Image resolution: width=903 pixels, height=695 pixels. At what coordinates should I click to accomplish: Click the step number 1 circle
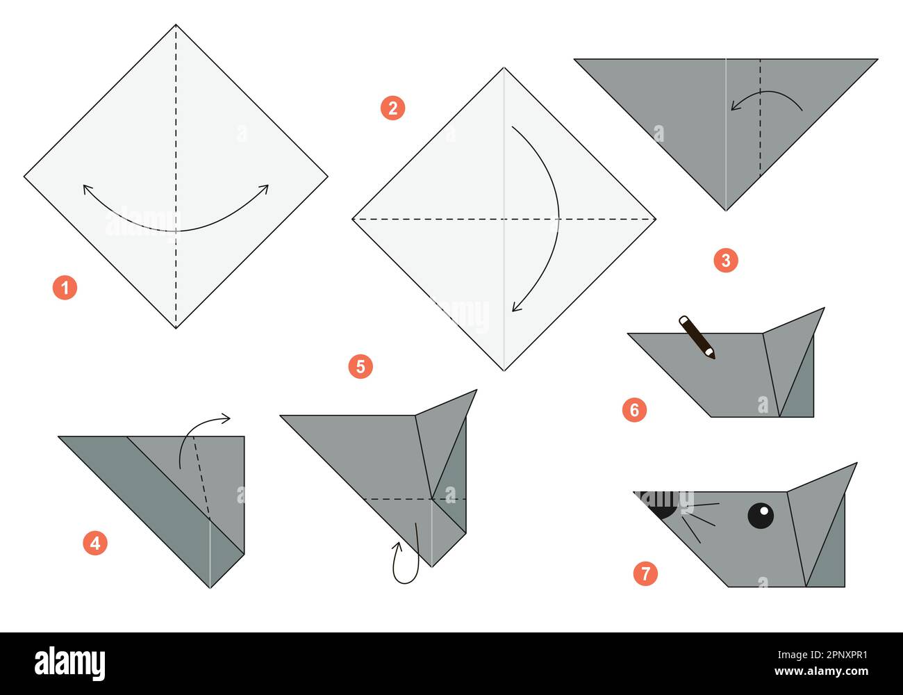tap(65, 287)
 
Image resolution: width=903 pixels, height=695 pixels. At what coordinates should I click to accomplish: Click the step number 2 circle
tap(392, 108)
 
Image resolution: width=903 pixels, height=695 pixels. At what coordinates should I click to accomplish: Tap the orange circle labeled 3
tap(726, 261)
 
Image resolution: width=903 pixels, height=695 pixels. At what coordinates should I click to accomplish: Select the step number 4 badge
tap(95, 542)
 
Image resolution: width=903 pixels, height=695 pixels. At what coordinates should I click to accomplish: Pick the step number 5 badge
tap(361, 366)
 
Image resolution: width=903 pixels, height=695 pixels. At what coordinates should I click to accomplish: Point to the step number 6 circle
tap(634, 410)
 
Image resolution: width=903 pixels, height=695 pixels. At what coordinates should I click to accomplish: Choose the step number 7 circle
tap(645, 573)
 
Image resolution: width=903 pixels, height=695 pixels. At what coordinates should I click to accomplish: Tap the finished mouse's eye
tap(761, 515)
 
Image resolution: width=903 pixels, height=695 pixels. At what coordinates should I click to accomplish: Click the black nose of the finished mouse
tap(660, 505)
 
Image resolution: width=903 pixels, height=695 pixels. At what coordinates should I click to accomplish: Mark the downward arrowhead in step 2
tap(516, 306)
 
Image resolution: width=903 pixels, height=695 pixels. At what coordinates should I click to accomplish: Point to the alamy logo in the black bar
tap(69, 663)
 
